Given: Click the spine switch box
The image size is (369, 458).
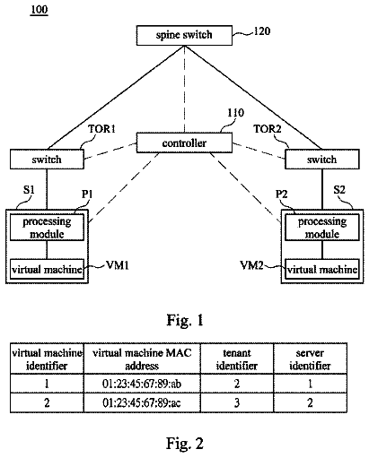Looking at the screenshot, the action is (184, 35).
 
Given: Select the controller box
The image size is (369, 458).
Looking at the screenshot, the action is (184, 143).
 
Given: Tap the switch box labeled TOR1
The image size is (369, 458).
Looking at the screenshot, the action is (47, 160).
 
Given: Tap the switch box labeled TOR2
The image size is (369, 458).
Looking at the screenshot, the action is (322, 160).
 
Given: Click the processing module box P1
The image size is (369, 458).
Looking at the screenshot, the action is (47, 228).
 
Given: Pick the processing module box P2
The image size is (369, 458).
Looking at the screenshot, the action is (322, 228).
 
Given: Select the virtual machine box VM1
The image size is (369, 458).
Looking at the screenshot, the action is (47, 269).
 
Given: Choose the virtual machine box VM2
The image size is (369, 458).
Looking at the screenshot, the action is (322, 269).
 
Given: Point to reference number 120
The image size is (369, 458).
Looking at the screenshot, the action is (262, 31).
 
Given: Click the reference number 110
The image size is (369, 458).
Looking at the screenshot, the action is (236, 113).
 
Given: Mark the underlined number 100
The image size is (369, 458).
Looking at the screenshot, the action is (40, 10).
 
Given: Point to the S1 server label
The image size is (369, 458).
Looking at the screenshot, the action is (29, 190).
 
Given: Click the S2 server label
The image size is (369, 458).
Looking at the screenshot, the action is (339, 190).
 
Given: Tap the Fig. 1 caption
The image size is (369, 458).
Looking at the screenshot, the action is (185, 320).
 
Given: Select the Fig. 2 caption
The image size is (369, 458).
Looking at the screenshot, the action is (185, 443).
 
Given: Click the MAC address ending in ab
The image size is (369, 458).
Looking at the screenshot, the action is (142, 384).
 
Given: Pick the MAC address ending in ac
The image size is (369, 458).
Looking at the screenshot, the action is (142, 403).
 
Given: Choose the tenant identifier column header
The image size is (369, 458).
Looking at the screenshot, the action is (237, 359).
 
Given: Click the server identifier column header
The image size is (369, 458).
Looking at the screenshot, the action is (310, 359).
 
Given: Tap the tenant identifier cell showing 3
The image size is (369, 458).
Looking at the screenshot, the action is (237, 403).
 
